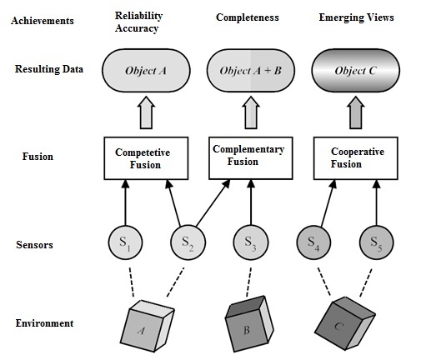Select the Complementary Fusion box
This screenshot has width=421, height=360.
pyautogui.click(x=248, y=157)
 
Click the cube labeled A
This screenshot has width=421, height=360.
pyautogui.click(x=148, y=325)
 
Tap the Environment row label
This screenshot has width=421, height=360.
pyautogui.click(x=43, y=323)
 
